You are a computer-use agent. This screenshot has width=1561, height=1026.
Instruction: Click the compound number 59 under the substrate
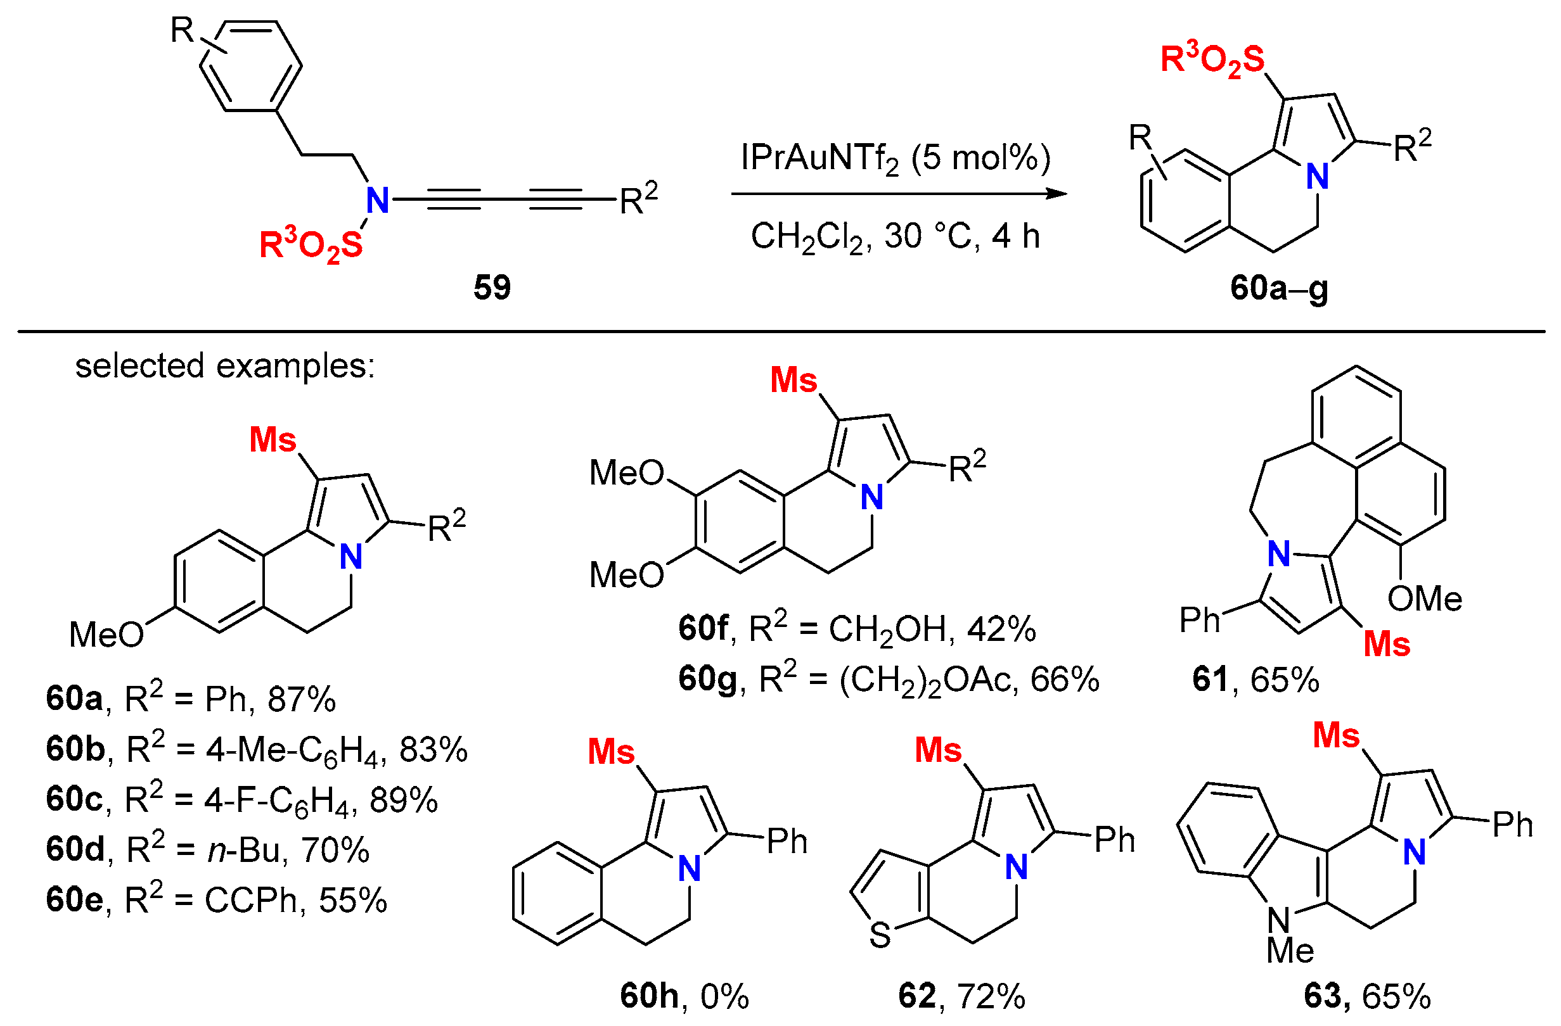(491, 287)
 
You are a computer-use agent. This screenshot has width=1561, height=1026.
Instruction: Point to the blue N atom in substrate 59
(377, 200)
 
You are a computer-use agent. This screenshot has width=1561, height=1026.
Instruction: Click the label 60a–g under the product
(1278, 287)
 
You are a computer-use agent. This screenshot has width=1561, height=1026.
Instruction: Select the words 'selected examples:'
(225, 365)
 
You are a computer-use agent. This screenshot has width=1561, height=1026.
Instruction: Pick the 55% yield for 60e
(353, 900)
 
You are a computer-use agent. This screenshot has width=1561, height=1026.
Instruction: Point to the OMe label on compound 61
(1425, 598)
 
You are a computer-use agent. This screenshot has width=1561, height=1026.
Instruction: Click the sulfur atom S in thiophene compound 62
(880, 935)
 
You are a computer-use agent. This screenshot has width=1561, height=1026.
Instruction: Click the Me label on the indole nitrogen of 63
(1290, 951)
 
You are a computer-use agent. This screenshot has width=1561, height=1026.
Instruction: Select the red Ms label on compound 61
(1387, 645)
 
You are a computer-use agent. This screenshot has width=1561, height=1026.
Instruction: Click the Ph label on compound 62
(1114, 840)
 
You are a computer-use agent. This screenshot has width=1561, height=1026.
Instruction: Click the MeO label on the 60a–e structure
(106, 635)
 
